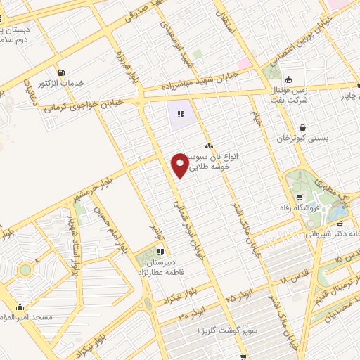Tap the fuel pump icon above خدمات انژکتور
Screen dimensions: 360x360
click(62, 72)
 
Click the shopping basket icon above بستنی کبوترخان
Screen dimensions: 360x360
click(302, 127)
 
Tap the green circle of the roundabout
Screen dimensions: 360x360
click(25, 269)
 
